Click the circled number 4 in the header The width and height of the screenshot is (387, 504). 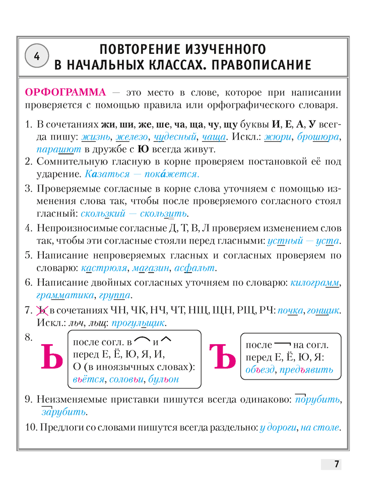pos(36,56)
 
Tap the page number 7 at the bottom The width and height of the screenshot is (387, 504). pos(336,464)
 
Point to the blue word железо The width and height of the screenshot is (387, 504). pos(132,137)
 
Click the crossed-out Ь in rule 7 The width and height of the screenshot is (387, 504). pos(42,309)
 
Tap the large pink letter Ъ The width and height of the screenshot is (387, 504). pos(222,358)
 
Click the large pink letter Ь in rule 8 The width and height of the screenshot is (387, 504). pos(51,358)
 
